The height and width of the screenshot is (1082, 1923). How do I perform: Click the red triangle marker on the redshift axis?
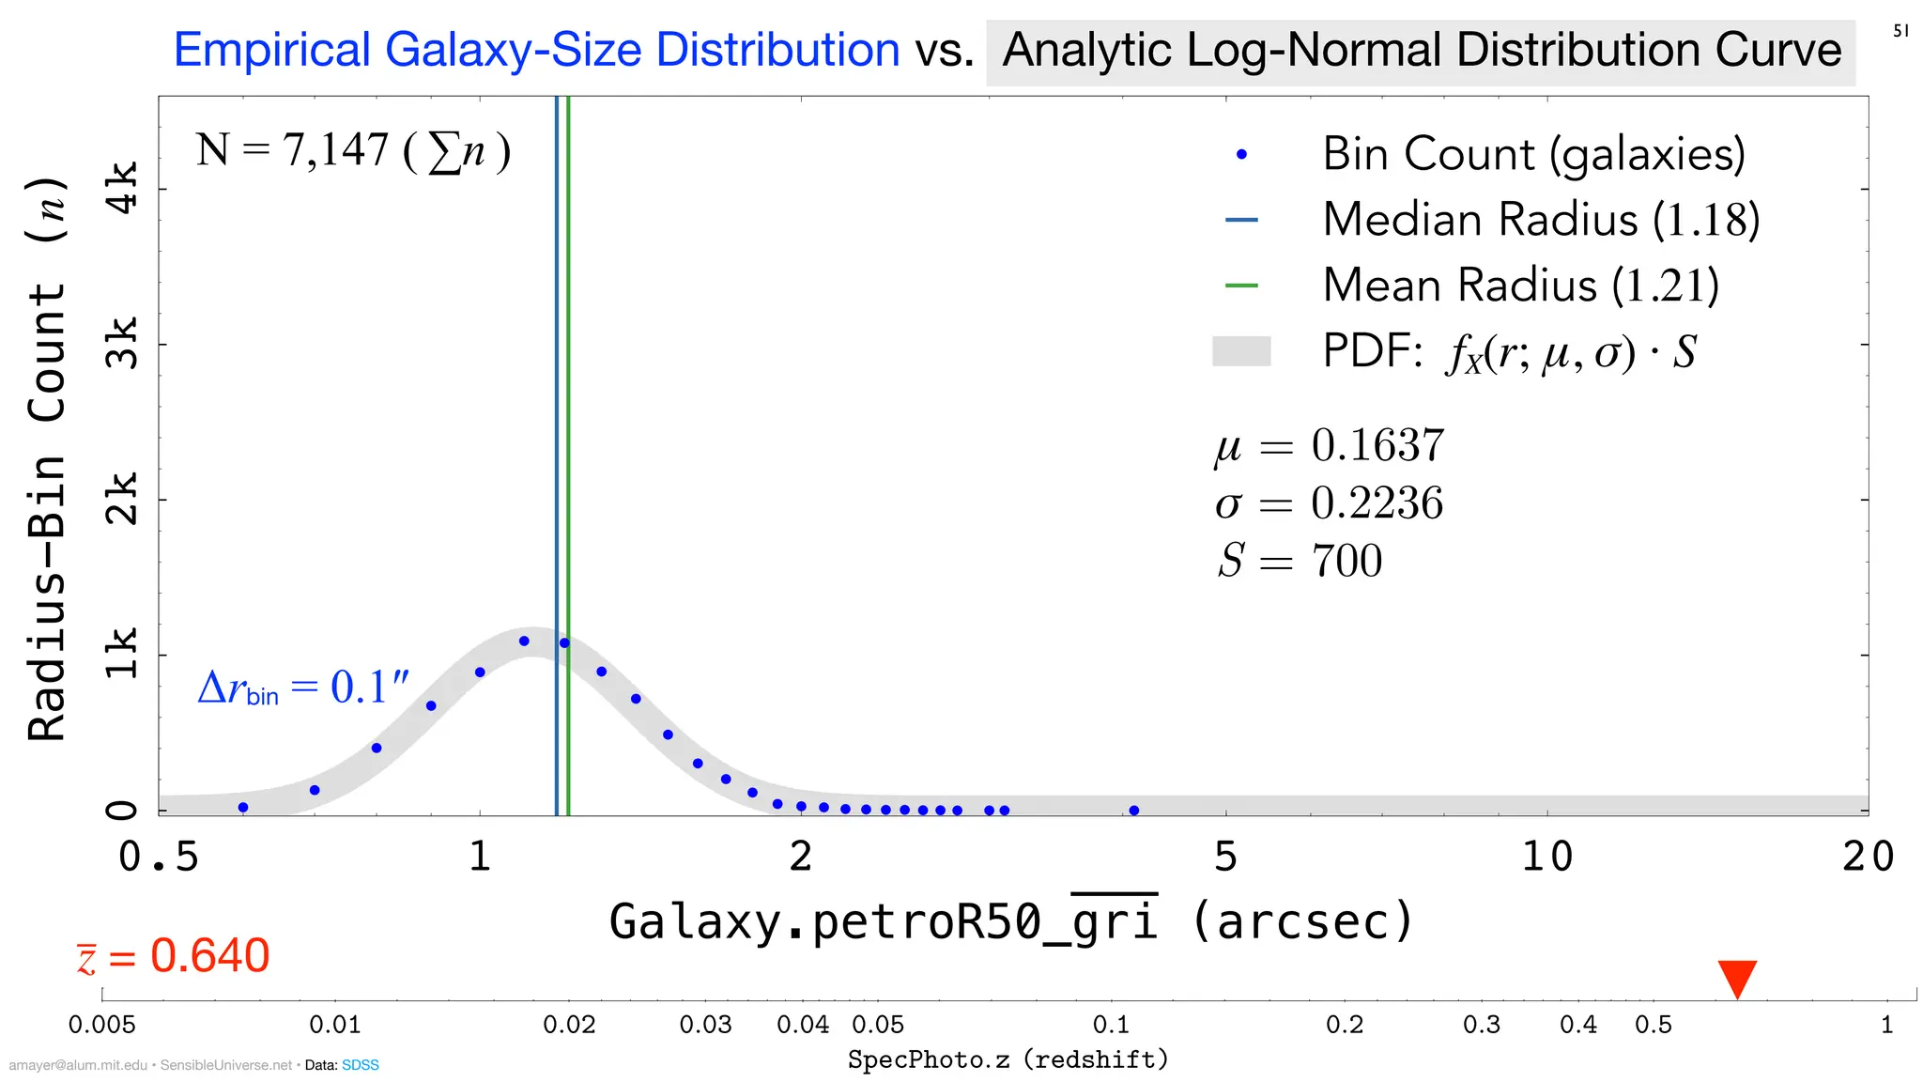tap(1737, 978)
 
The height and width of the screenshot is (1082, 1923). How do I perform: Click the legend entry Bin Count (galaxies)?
tap(1533, 154)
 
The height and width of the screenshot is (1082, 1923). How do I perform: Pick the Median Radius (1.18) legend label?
tap(1541, 220)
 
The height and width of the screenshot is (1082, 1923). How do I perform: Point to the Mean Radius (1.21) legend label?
tap(1520, 286)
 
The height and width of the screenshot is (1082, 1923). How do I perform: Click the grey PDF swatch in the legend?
tap(1241, 351)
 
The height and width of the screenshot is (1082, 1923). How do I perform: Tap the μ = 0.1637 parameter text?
tap(1329, 445)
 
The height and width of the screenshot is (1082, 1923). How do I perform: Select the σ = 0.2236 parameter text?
tap(1329, 503)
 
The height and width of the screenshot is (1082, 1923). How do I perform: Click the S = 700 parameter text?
tap(1300, 561)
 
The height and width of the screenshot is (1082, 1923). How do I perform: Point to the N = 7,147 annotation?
tap(353, 150)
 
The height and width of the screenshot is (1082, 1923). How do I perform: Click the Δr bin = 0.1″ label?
tap(303, 688)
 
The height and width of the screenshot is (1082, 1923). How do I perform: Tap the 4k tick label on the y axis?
tap(123, 188)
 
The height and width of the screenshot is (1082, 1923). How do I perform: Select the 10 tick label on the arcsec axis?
tap(1546, 857)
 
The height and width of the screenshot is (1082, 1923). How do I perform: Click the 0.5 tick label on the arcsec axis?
tap(160, 857)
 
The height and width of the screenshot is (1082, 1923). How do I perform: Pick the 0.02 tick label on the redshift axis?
tap(569, 1025)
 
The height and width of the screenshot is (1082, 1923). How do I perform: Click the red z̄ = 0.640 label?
tap(175, 956)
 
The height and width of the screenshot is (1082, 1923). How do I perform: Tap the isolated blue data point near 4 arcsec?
tap(1134, 810)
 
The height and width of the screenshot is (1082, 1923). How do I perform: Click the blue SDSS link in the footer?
tap(361, 1065)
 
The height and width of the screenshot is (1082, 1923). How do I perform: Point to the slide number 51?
tap(1900, 31)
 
